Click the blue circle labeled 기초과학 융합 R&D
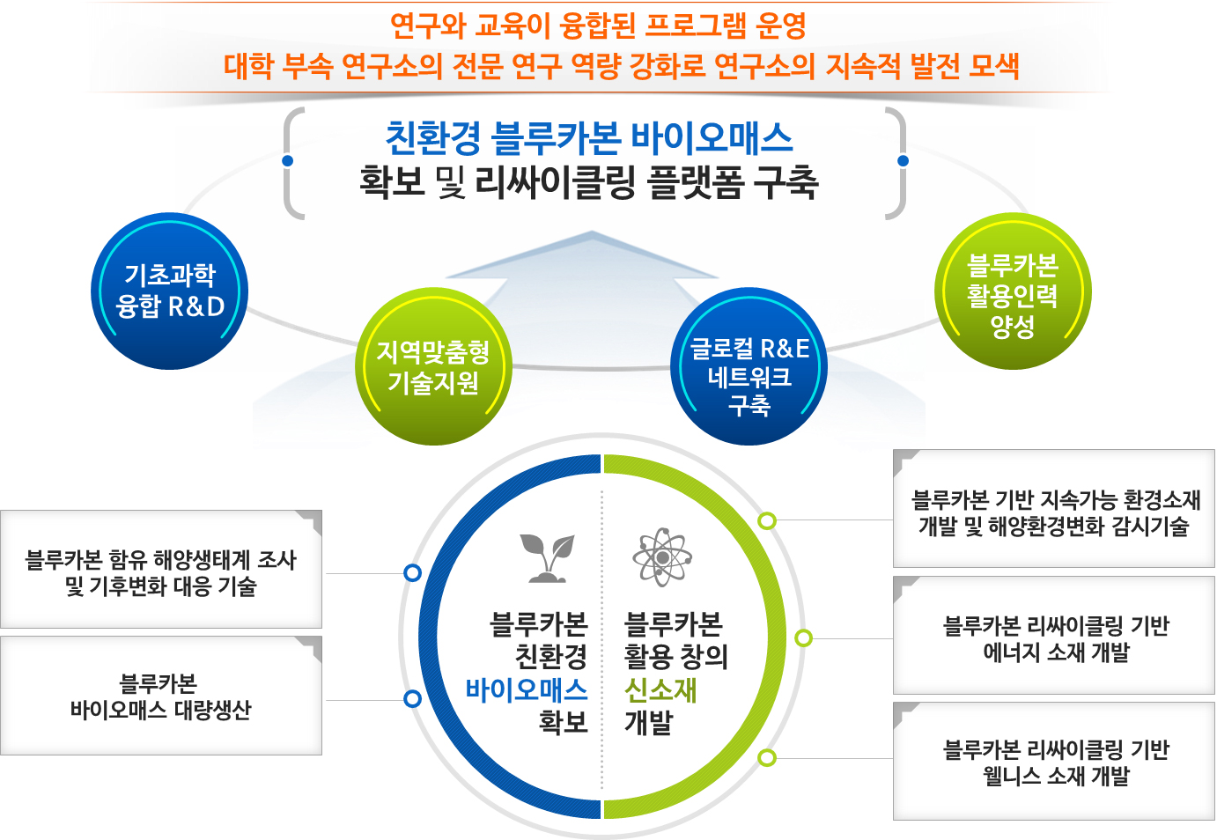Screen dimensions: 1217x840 tap(169, 291)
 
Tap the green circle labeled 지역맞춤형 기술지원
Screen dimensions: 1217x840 tap(433, 367)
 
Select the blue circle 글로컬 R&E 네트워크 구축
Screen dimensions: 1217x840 tap(749, 367)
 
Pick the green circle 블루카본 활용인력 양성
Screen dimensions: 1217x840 tap(1013, 291)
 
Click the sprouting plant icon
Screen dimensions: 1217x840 tap(547, 558)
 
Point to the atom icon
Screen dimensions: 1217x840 tap(662, 557)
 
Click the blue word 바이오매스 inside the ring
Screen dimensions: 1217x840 tap(527, 690)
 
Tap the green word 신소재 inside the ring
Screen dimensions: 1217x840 tap(660, 690)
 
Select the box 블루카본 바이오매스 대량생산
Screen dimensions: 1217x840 tap(161, 696)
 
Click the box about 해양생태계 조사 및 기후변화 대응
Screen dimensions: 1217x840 tap(161, 570)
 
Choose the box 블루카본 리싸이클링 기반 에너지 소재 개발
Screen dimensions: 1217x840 tap(1054, 636)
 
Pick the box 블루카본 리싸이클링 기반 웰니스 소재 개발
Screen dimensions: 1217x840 tap(1054, 762)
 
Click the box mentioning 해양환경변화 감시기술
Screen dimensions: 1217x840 tap(1054, 509)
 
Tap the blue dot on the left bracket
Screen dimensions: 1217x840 tap(288, 160)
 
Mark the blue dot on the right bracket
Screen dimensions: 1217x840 tap(903, 160)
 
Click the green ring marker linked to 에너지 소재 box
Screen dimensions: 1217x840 tap(803, 637)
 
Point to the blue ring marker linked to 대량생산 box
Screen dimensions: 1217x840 tap(413, 699)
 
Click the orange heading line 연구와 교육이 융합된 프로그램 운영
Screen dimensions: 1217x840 tap(598, 26)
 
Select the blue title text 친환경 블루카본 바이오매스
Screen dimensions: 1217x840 tap(589, 137)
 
